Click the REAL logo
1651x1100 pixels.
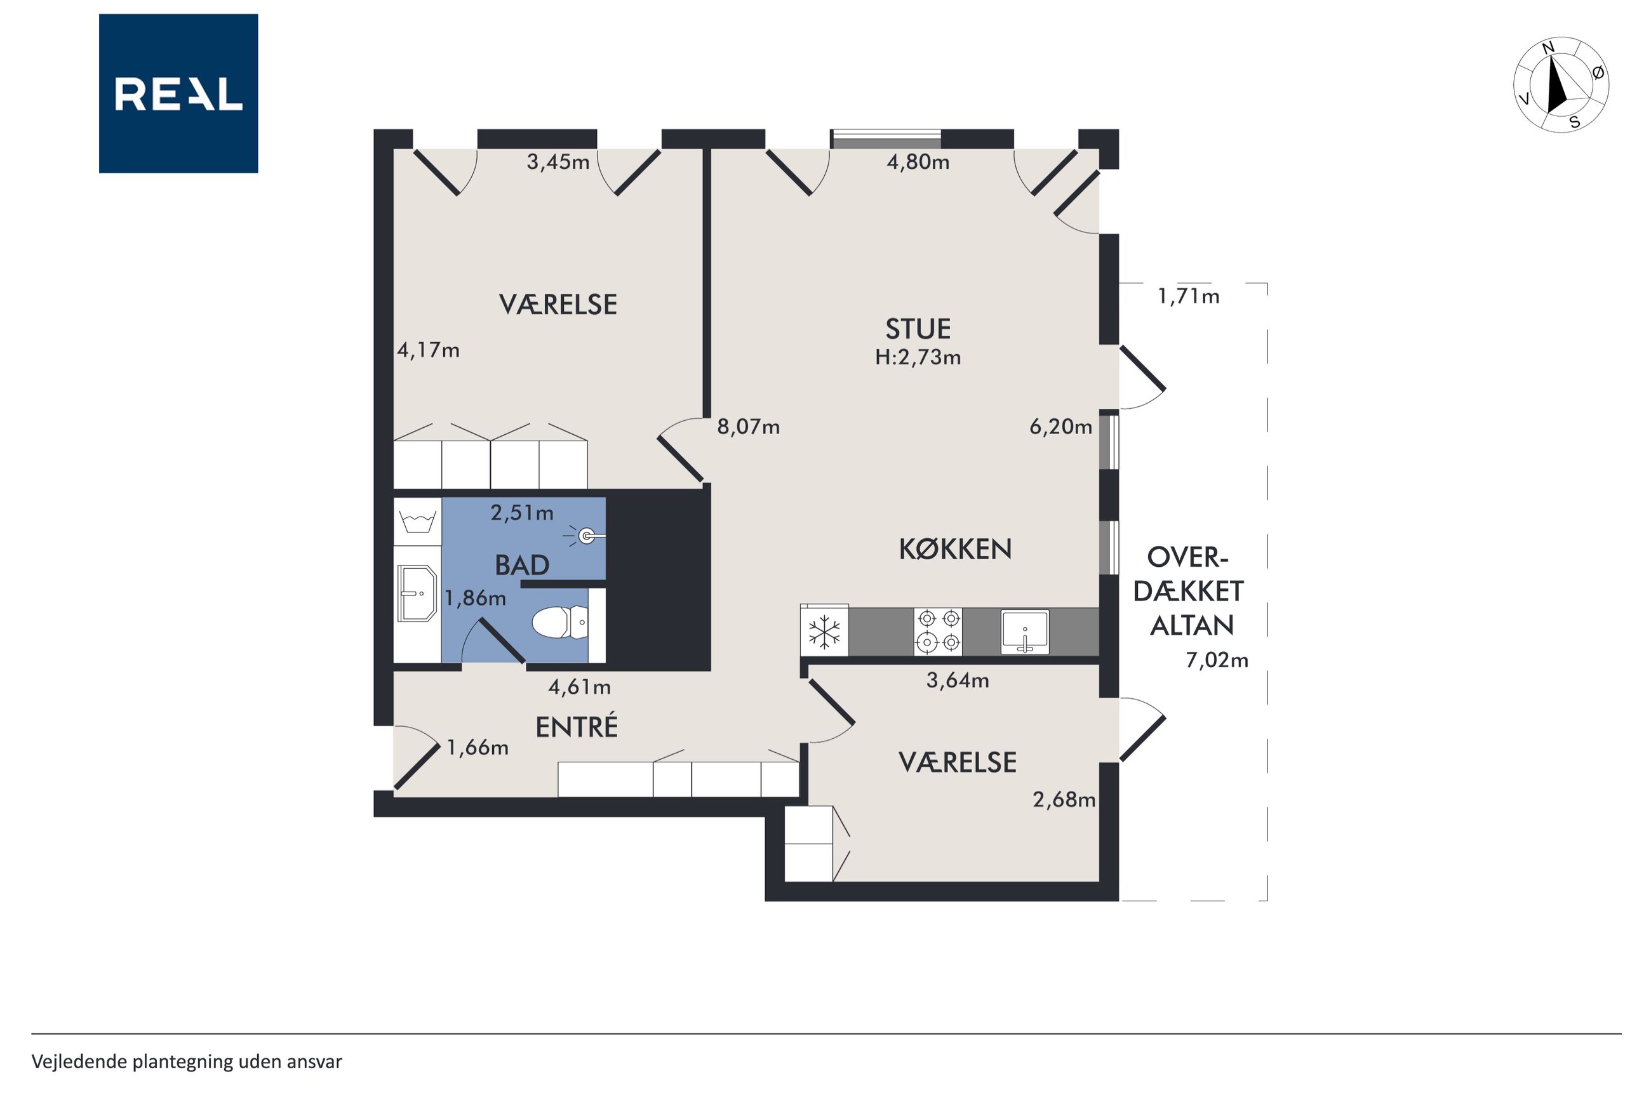(x=178, y=93)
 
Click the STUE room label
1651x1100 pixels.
(x=918, y=329)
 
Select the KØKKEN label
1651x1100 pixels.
(x=955, y=549)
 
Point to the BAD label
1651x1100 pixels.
(x=522, y=566)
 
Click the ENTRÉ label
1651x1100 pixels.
(x=577, y=727)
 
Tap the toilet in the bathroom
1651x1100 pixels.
(x=560, y=622)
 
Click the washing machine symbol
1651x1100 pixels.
(x=417, y=521)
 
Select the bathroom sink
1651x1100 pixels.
(x=417, y=593)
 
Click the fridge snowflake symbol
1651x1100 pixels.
(x=824, y=632)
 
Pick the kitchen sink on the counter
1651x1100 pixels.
(x=1025, y=632)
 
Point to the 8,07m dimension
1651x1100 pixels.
(x=748, y=427)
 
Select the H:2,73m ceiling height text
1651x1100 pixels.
(x=918, y=358)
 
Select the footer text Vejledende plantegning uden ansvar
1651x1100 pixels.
(x=187, y=1061)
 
